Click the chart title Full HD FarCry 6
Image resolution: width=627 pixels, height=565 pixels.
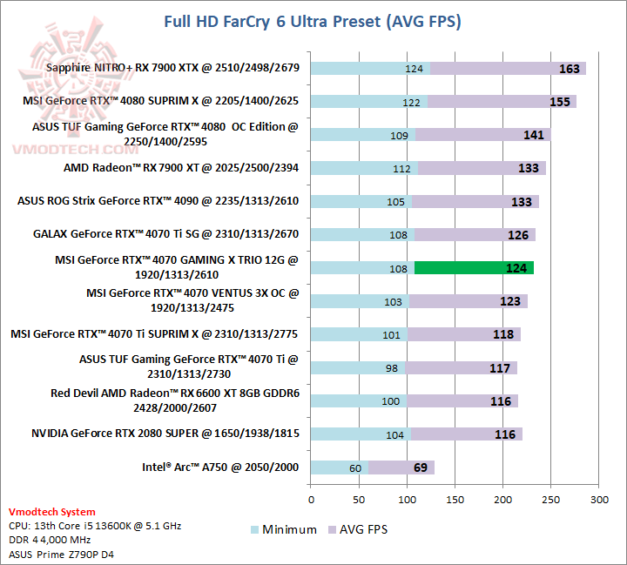click(313, 21)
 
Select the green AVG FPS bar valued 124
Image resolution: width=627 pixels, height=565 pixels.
click(474, 268)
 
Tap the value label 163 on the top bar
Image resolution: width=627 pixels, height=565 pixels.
click(569, 68)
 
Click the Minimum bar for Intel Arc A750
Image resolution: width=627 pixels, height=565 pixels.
click(340, 467)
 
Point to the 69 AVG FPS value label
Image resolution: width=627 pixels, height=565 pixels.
click(421, 467)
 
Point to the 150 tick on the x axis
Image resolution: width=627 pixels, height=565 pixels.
click(455, 500)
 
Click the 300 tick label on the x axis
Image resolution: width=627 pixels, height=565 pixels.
click(599, 500)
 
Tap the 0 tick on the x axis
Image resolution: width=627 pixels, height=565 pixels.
click(312, 500)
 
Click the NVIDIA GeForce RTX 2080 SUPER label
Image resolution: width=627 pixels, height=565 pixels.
click(165, 434)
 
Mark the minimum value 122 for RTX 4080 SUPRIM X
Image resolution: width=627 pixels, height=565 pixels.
click(411, 102)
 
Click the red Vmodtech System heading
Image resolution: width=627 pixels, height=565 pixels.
click(52, 512)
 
